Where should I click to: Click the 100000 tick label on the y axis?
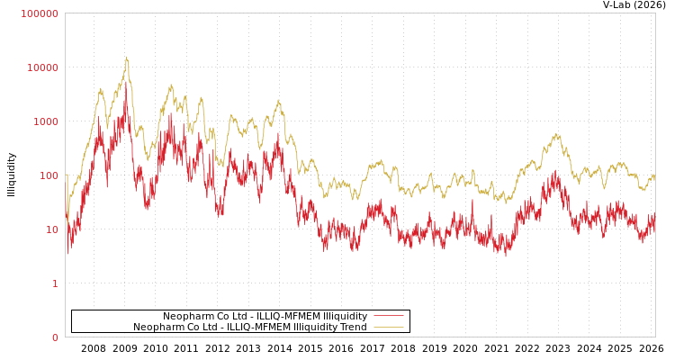point(40,13)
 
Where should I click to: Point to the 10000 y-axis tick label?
point(42,67)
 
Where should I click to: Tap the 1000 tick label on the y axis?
point(45,121)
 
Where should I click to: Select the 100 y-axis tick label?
point(48,175)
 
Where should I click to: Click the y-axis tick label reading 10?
point(50,229)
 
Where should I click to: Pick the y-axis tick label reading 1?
point(54,283)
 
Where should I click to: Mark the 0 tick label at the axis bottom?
point(54,337)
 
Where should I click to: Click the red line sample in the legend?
point(388,316)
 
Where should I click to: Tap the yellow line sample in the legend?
point(388,327)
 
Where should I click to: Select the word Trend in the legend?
point(353,327)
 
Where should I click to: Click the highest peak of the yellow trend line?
point(126,58)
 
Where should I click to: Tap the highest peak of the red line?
point(126,100)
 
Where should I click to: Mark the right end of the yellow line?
point(654,178)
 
